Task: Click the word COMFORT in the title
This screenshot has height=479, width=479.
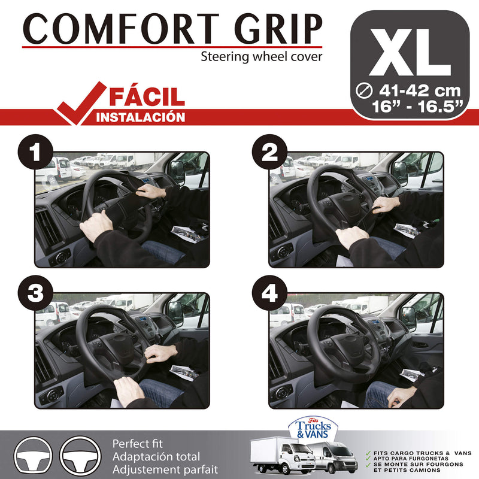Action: pos(114,28)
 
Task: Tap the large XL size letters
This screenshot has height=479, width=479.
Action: pos(410,48)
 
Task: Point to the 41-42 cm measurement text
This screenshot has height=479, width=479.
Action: pos(420,91)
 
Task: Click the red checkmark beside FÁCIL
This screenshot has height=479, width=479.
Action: pos(78,102)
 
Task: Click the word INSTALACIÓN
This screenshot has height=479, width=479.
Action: pos(141,117)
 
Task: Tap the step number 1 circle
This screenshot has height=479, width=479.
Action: pos(36,154)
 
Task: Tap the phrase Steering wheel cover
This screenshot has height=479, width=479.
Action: pos(261,57)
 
